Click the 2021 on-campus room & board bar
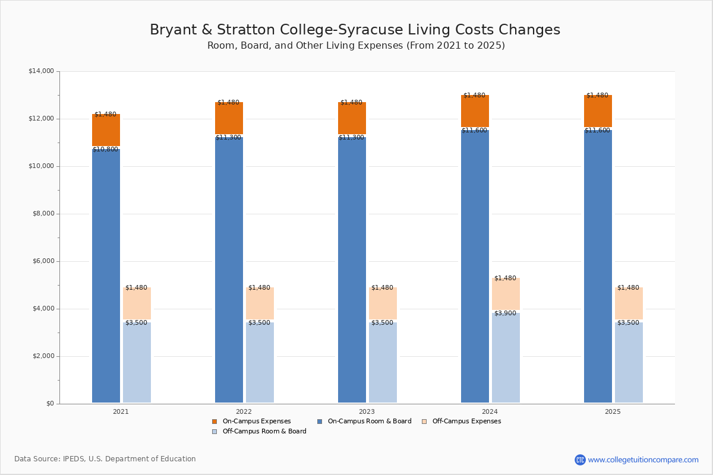(106, 275)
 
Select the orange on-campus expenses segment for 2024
(475, 111)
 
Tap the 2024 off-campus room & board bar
(506, 357)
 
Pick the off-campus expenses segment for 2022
(260, 303)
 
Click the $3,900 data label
(505, 313)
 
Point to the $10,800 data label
(105, 150)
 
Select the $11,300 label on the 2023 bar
(351, 138)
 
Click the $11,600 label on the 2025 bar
(597, 131)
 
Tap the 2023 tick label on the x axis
(367, 411)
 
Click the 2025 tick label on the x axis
(613, 411)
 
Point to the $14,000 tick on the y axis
(41, 71)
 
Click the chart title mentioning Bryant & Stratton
(355, 30)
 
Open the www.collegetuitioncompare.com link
(643, 460)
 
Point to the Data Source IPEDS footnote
(105, 459)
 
